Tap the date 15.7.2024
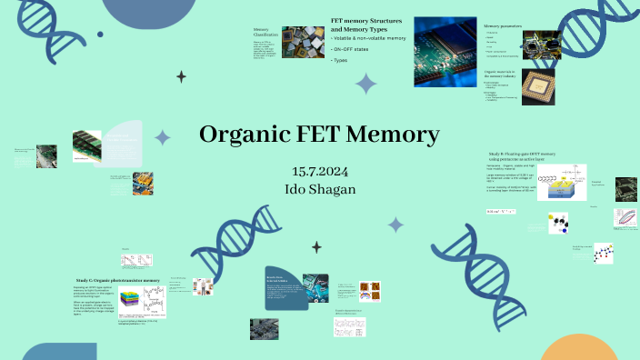click(320, 173)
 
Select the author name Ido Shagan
click(320, 189)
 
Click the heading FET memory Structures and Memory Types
click(369, 24)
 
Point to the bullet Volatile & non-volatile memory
click(368, 38)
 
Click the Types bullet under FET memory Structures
click(340, 60)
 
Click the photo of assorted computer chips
click(302, 43)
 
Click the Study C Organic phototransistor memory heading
click(117, 280)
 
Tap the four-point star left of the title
click(163, 137)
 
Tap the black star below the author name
click(316, 246)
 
